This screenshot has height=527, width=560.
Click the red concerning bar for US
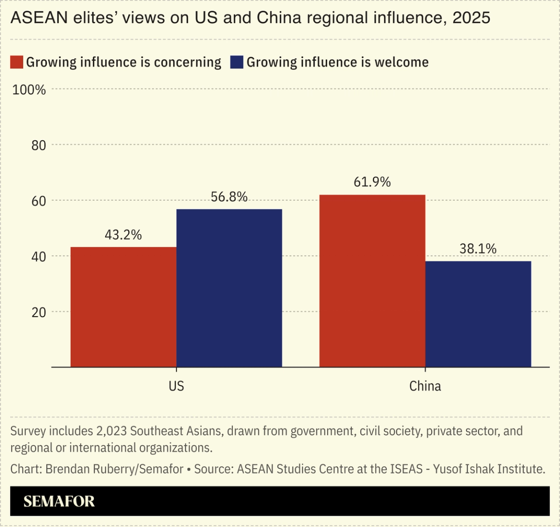[x=123, y=307]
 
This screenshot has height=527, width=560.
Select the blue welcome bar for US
[x=229, y=288]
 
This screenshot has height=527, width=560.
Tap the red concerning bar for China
[x=372, y=281]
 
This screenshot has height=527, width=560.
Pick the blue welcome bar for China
[x=478, y=314]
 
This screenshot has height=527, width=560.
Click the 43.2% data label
[x=123, y=235]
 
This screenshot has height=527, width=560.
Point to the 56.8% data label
[x=229, y=197]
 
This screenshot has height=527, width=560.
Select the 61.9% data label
[x=372, y=182]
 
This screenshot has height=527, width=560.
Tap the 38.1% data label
[x=478, y=249]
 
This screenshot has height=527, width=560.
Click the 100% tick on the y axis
[x=29, y=90]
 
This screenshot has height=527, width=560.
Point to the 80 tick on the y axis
[x=38, y=145]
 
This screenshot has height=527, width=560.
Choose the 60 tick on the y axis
[x=38, y=201]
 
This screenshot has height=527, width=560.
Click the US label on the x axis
[x=176, y=386]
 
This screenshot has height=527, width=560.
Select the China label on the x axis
[x=425, y=386]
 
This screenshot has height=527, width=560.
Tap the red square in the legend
[x=17, y=62]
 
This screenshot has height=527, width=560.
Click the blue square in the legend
[x=237, y=62]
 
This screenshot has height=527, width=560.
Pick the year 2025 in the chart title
[x=471, y=18]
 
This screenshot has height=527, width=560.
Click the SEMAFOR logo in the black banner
[x=59, y=501]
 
